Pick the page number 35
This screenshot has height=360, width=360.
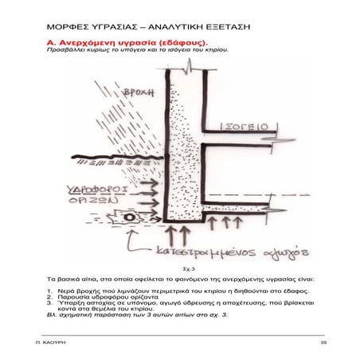tap(323, 342)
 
